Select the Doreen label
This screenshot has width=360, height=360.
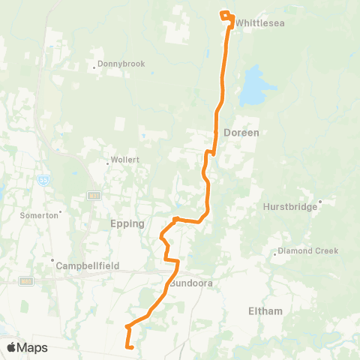click(x=240, y=132)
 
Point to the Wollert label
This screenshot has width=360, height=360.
click(x=123, y=160)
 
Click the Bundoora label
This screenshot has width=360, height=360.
click(x=193, y=284)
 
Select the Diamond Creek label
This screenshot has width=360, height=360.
click(x=308, y=250)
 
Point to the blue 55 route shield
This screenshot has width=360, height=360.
click(x=44, y=180)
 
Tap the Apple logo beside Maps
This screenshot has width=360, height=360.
click(x=12, y=347)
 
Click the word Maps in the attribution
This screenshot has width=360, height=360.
click(x=33, y=347)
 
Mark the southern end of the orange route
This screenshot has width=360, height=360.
click(x=131, y=348)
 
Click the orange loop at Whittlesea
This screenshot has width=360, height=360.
click(x=226, y=15)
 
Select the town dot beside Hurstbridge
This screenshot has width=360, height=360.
click(x=320, y=201)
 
